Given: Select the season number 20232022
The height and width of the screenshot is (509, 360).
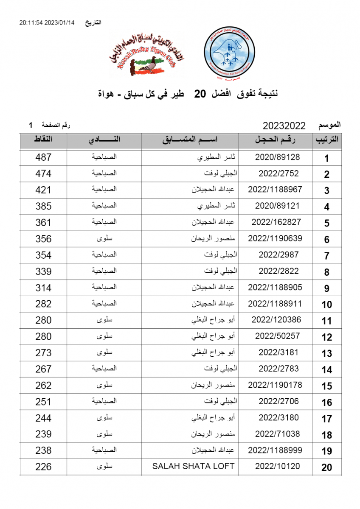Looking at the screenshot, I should click(x=284, y=126).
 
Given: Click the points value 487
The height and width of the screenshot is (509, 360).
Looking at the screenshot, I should click(x=43, y=157).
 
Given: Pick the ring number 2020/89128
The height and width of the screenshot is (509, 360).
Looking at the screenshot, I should click(x=277, y=157).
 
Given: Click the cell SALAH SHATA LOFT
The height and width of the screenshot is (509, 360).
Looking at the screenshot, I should click(x=193, y=466).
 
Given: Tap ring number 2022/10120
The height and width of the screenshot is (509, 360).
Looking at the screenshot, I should click(x=277, y=466).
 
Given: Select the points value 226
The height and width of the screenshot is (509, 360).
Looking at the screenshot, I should click(x=43, y=467).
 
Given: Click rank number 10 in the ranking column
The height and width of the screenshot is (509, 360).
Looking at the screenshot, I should click(x=326, y=305).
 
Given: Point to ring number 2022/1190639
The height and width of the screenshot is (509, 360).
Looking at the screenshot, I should click(x=275, y=238).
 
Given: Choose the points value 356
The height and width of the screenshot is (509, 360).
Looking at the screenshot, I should click(x=43, y=239).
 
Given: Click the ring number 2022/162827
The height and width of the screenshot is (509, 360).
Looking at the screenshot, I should click(x=276, y=222).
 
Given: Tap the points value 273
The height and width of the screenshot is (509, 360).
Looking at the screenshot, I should click(x=43, y=353).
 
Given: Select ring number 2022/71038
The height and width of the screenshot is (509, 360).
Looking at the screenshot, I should click(x=277, y=434).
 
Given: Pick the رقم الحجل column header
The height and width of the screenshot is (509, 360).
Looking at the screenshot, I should click(x=276, y=140).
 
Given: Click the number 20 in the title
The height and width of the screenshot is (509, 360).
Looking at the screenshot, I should click(x=200, y=94).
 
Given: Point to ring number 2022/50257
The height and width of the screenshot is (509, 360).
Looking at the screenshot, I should click(x=277, y=336).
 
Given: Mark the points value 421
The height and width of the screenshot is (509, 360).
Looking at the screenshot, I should click(x=43, y=190).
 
